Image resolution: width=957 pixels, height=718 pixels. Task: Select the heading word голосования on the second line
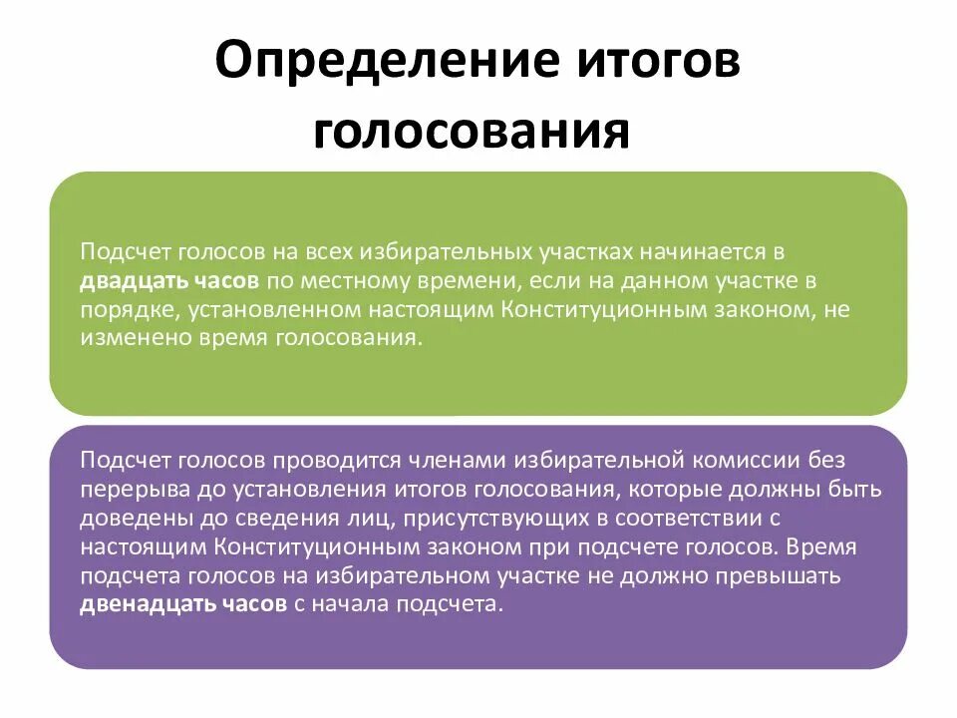(472, 132)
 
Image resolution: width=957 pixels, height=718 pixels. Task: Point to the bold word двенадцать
(137, 604)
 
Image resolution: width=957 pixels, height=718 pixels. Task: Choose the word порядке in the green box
(120, 309)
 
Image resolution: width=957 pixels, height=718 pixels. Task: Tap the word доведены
(124, 518)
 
